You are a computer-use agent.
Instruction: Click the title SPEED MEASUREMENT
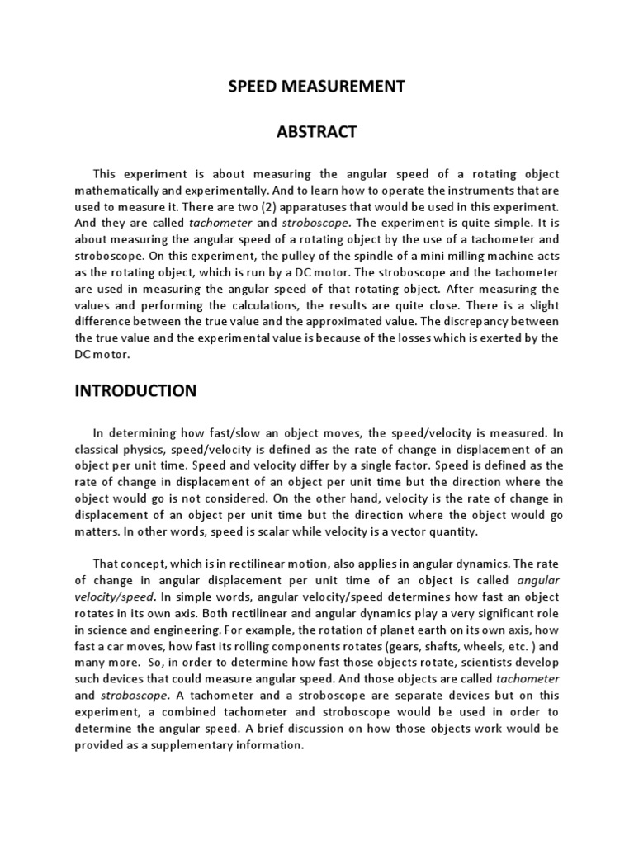317,86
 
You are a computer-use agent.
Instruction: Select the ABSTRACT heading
317,132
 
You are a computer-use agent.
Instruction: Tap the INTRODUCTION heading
135,390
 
